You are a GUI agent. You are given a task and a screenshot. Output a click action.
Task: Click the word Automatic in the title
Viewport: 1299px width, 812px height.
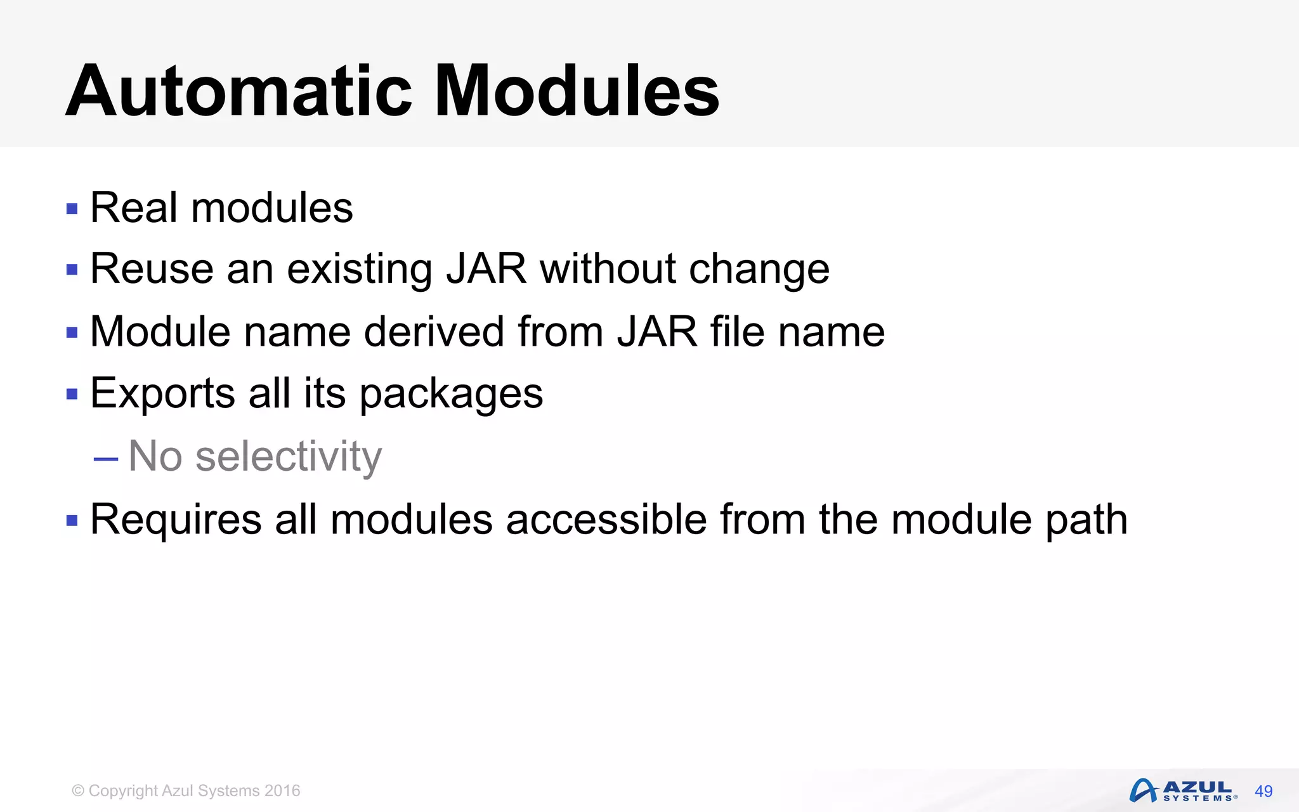238,91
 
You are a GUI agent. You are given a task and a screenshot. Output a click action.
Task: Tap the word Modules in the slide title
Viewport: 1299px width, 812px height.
577,91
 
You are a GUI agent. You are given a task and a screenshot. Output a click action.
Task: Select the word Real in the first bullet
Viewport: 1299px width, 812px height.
134,207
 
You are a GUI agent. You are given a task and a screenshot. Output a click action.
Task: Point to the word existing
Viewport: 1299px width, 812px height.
360,270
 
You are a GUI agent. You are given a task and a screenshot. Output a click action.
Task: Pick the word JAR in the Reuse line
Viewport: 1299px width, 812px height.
486,268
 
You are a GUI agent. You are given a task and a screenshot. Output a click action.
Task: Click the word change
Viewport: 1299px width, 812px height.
759,270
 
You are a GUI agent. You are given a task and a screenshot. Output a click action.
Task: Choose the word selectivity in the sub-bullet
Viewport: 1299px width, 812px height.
289,457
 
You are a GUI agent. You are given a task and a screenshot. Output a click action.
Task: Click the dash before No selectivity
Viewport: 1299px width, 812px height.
105,458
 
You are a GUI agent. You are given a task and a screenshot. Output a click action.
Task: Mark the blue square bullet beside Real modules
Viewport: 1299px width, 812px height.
72,209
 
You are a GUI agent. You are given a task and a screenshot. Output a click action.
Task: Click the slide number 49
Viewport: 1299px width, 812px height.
1263,791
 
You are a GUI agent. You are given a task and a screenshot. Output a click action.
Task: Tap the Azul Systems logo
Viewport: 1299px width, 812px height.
1183,790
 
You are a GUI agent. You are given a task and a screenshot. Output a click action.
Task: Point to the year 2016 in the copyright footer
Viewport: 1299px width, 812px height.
282,791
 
